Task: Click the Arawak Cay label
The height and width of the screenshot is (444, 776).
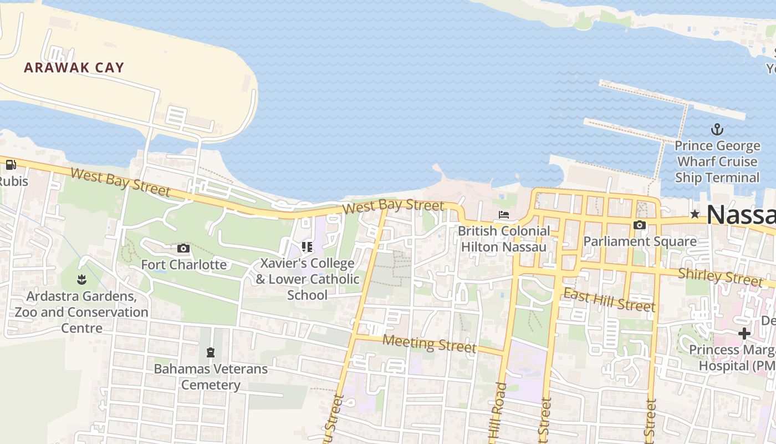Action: (x=74, y=68)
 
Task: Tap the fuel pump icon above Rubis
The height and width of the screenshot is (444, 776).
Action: (x=11, y=165)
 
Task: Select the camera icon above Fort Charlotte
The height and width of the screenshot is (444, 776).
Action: (x=183, y=248)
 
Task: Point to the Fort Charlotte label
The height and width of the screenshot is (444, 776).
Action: (x=183, y=264)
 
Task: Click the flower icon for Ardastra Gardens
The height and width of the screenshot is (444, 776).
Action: (x=82, y=279)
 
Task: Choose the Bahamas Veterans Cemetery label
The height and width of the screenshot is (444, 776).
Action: (x=211, y=376)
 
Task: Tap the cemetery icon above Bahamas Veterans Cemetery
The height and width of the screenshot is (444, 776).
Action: (x=210, y=352)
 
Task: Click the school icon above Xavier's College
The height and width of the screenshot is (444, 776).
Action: (x=307, y=246)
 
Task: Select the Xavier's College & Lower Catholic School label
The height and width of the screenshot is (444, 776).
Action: (x=307, y=279)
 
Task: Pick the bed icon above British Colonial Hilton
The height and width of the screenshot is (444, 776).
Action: (x=503, y=215)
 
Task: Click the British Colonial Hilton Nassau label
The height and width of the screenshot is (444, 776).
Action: (x=504, y=239)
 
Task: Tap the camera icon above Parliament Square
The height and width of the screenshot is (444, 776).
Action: (x=640, y=225)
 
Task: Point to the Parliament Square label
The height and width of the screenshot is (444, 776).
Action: (x=640, y=241)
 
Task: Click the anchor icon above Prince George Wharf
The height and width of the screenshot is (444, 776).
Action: (x=717, y=130)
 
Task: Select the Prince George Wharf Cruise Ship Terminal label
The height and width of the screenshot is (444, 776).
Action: (x=717, y=162)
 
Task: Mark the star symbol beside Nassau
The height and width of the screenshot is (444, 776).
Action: (x=695, y=214)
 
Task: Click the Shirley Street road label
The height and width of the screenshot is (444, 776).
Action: (x=720, y=276)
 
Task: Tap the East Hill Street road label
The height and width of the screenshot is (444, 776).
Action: (x=609, y=300)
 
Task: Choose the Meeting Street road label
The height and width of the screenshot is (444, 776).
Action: (x=429, y=344)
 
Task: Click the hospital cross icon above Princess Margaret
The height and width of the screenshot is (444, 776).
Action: (x=744, y=334)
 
